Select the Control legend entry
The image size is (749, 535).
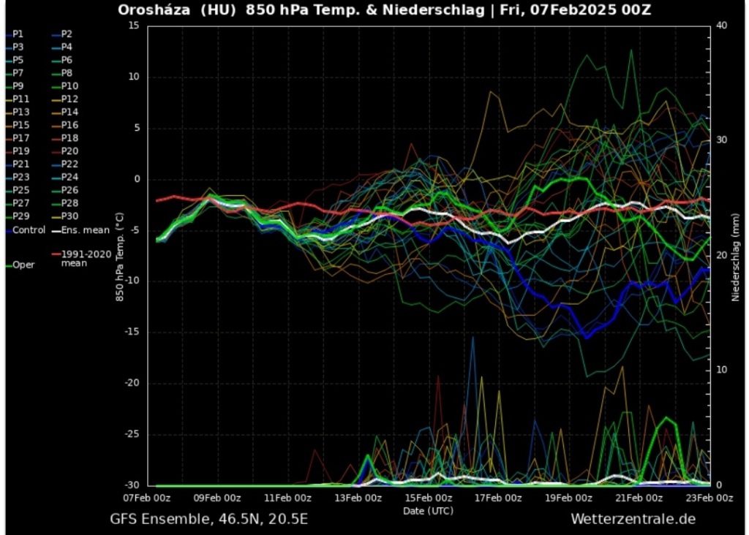(x=28, y=229)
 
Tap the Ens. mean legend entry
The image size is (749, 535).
(x=84, y=229)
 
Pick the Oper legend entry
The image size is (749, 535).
(x=23, y=265)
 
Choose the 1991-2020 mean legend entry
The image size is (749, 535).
(x=84, y=258)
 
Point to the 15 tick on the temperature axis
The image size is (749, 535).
(x=133, y=26)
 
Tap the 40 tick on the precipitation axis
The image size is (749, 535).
(x=721, y=26)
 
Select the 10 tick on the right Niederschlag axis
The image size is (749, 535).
(x=721, y=370)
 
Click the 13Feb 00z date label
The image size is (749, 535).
(x=358, y=498)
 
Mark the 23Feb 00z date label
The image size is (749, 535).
(x=708, y=498)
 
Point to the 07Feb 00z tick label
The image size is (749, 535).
(x=147, y=498)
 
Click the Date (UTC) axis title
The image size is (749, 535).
(x=428, y=510)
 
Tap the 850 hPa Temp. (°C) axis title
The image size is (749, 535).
(x=118, y=256)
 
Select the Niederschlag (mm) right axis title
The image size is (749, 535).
(x=736, y=256)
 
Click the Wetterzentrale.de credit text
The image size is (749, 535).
(x=633, y=519)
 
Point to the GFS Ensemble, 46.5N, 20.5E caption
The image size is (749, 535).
(x=208, y=520)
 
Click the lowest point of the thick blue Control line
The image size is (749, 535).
(x=586, y=337)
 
